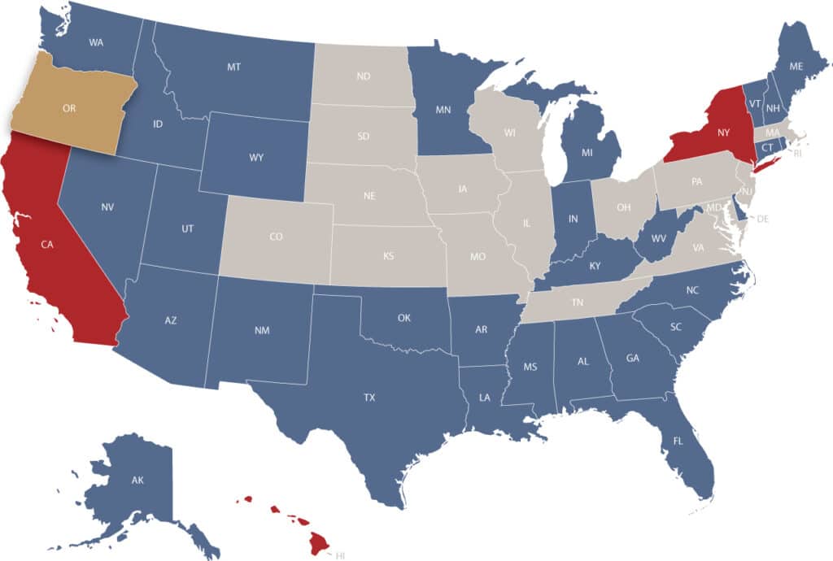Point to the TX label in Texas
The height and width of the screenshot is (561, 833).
click(369, 398)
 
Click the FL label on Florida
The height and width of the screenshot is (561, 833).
click(678, 441)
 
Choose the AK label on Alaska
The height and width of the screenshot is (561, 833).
click(137, 480)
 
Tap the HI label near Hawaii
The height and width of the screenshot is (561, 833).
click(341, 554)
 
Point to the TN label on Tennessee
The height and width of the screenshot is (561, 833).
click(578, 302)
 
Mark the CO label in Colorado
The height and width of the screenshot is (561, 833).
click(276, 237)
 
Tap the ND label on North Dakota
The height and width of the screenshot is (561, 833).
click(364, 77)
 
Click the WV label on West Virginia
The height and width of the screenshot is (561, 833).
click(658, 237)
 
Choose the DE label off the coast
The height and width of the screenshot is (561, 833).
click(762, 219)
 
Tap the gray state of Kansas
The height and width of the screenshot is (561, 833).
click(389, 256)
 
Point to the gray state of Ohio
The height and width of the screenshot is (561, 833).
click(624, 207)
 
